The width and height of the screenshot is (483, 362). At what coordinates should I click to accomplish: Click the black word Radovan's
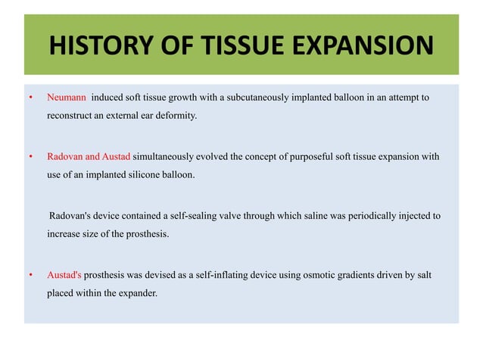tap(73, 216)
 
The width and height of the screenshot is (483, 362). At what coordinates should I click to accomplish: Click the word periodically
tap(368, 216)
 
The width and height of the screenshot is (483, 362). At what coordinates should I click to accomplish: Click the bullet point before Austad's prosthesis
tap(30, 275)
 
